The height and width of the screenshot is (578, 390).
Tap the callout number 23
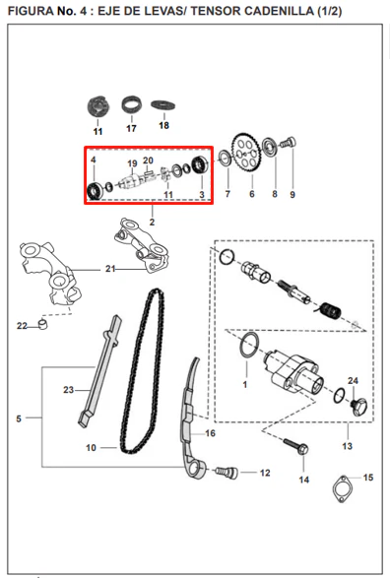(x=69, y=390)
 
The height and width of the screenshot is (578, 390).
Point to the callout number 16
(x=210, y=433)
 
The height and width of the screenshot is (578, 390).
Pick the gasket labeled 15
(x=343, y=489)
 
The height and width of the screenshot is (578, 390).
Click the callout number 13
(x=348, y=446)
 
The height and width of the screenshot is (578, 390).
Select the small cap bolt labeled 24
(x=358, y=407)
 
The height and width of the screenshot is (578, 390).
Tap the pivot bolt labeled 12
(x=227, y=472)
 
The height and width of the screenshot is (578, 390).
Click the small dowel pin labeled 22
(x=44, y=324)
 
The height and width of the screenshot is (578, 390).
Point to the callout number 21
(x=110, y=269)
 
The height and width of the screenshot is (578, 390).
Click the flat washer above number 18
(x=162, y=105)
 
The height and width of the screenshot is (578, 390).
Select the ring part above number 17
(x=131, y=104)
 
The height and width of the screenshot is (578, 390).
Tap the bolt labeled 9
(x=289, y=143)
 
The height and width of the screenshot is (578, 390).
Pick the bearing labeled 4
(x=96, y=191)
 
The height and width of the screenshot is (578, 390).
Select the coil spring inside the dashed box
(x=329, y=310)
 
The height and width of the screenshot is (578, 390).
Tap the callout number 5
(x=19, y=418)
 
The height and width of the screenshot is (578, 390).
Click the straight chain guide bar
(x=99, y=370)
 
